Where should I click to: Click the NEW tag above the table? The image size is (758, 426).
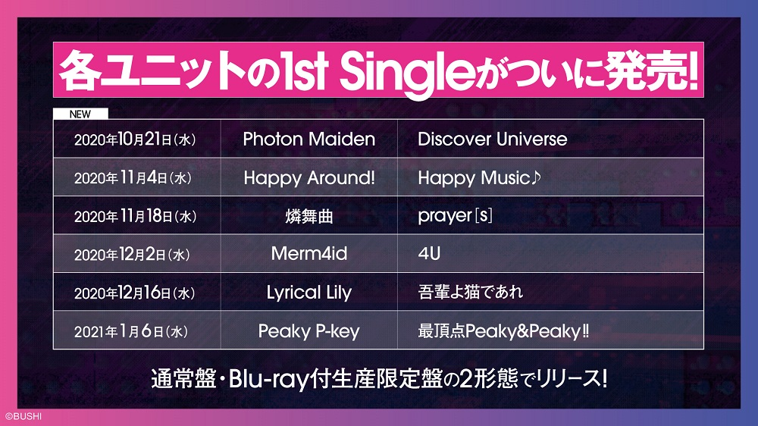80,114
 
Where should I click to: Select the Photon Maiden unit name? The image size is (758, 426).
309,139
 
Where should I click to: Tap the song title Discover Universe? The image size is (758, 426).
492,139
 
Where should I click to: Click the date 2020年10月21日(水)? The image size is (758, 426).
135,139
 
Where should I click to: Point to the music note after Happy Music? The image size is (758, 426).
536,177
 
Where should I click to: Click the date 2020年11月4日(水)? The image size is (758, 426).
133,178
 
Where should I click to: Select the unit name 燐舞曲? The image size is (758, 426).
309,216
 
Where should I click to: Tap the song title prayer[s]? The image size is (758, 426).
455,216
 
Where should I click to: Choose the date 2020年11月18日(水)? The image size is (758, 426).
136,216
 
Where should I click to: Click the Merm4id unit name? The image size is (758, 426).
309,254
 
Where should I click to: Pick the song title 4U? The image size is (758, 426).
429,254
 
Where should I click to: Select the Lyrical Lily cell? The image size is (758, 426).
309,293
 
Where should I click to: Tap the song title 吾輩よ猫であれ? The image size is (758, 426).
471,292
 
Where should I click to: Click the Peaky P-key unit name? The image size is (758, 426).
309,331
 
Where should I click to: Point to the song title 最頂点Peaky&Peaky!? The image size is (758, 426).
503,331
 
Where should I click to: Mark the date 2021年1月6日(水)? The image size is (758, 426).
131,331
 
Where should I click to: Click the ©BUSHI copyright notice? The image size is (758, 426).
23,416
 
